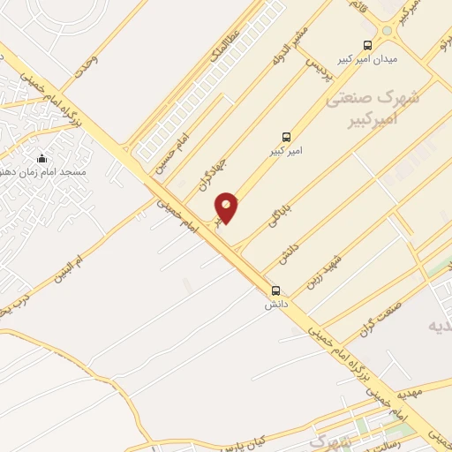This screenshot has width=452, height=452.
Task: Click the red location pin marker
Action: point(227,207)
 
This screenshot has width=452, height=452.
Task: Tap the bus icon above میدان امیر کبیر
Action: point(367,45)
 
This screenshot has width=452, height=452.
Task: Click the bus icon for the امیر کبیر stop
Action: point(286,137)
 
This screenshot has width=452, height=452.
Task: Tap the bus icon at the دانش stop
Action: point(276,290)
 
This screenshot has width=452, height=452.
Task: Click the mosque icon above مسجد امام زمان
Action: point(41,158)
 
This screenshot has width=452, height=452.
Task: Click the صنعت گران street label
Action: point(375,319)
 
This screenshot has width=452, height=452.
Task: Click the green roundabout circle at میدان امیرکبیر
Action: point(385,31)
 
